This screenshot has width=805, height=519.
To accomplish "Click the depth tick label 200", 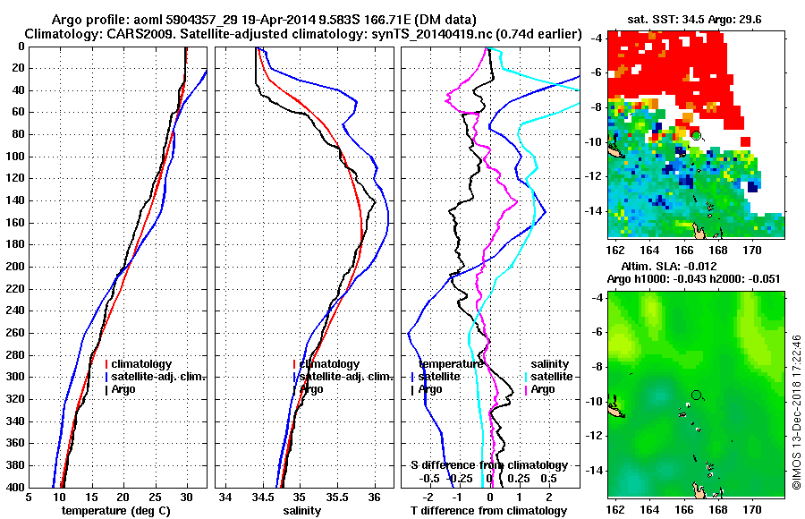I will (14, 267).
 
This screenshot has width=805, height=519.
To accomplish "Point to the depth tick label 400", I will (14, 487).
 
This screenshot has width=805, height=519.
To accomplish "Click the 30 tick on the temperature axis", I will (186, 498).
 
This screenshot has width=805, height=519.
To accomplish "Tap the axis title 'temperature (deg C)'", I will (116, 511).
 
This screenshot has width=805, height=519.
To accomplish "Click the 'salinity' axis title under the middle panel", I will (302, 511).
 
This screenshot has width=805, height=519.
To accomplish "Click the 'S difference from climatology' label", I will (488, 465).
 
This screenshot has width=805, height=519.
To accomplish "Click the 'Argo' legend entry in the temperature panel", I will (126, 389).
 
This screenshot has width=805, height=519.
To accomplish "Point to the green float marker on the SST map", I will (696, 135).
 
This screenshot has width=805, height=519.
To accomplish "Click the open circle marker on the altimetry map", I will (696, 395).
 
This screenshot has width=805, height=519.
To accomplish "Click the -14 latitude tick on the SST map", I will (597, 211).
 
